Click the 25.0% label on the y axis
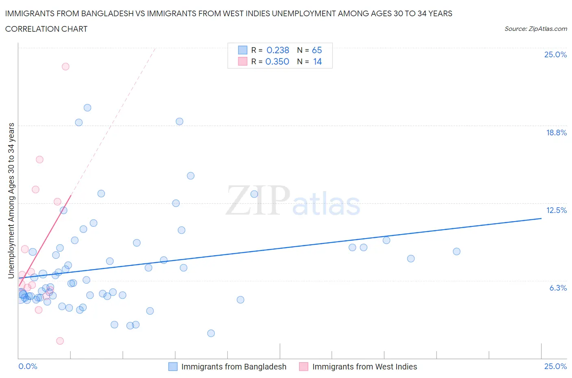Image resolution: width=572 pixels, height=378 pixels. click(555, 55)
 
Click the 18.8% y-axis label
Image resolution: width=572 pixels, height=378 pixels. click(556, 133)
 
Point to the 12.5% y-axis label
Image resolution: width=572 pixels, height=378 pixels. click(556, 210)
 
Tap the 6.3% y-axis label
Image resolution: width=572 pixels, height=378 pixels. click(558, 288)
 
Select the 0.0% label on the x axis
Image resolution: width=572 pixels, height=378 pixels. click(28, 366)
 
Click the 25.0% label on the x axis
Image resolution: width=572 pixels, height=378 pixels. click(555, 366)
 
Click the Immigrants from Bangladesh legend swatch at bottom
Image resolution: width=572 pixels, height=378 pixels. click(173, 367)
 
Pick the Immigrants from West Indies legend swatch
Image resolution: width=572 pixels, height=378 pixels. click(303, 367)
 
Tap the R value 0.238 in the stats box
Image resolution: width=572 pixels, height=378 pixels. click(277, 50)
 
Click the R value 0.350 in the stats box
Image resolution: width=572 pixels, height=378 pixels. click(277, 61)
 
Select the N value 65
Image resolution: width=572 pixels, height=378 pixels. click(317, 50)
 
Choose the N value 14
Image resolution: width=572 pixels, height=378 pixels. click(317, 61)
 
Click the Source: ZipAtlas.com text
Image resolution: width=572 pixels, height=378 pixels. click(535, 28)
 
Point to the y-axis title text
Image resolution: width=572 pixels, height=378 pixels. click(11, 200)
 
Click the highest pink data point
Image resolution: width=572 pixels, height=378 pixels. click(65, 66)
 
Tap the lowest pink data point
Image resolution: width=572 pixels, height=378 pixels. click(60, 341)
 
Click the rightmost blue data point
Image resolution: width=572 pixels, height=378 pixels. click(456, 252)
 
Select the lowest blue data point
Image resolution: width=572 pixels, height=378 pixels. click(211, 333)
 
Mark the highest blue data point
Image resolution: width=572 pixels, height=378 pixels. click(87, 108)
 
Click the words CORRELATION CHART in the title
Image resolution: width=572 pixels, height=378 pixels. click(46, 29)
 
